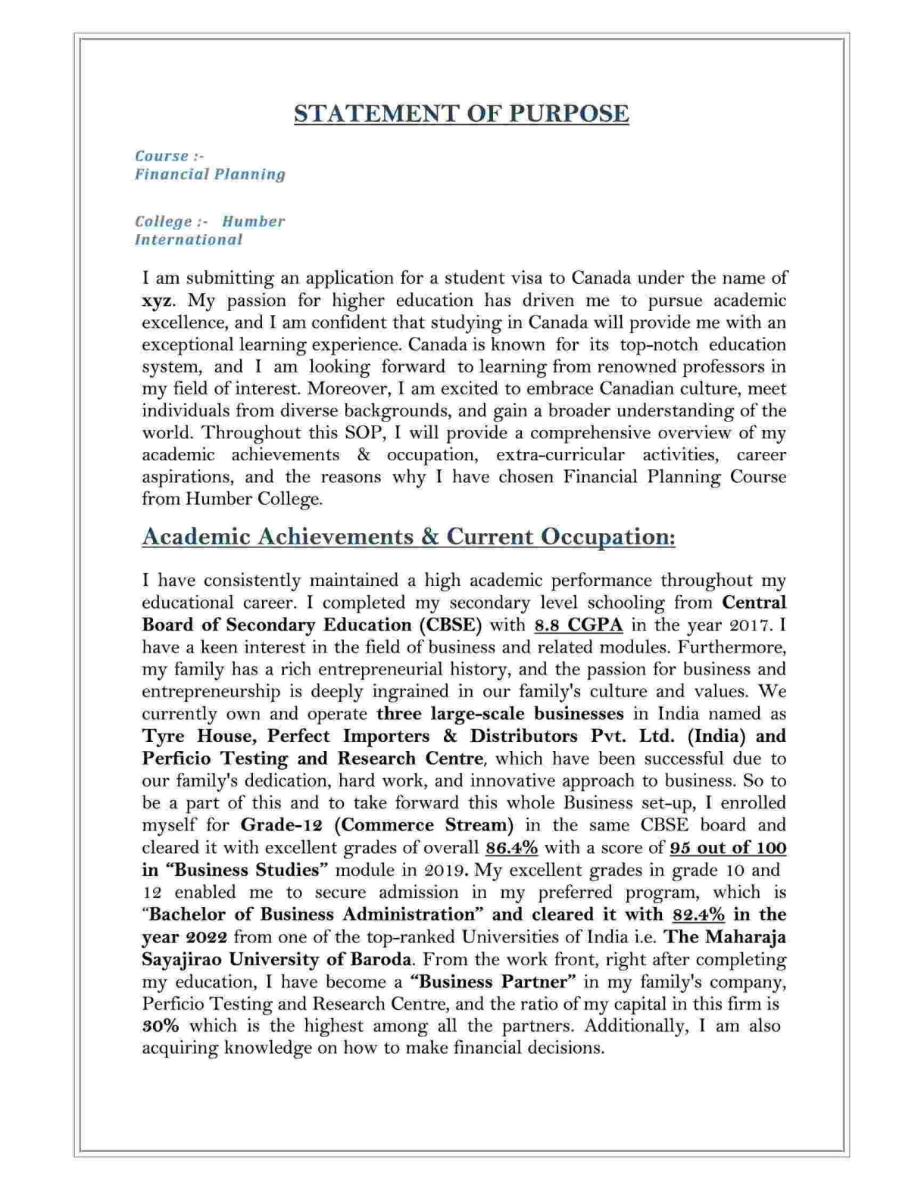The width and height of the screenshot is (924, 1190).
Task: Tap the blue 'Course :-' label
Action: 169,156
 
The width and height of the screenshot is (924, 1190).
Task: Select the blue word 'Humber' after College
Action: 253,222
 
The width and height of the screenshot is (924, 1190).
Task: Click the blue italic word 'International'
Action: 189,240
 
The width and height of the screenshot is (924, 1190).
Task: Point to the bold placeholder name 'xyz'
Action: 156,301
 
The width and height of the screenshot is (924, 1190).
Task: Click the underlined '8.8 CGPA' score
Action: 579,625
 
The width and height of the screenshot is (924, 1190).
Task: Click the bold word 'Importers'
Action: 386,737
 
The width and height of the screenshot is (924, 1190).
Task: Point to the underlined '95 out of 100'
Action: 728,848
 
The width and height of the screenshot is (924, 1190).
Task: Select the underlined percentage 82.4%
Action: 698,914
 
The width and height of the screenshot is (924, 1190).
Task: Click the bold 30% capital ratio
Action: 161,1026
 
